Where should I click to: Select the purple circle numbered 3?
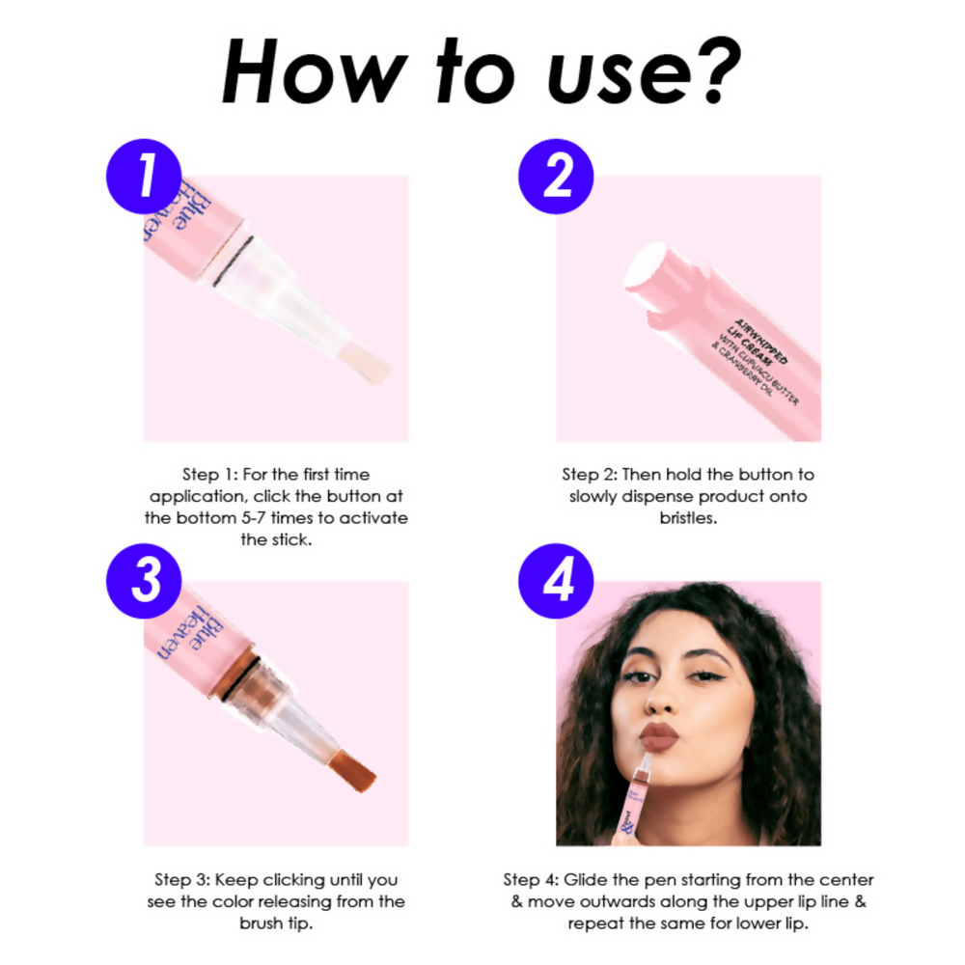coord(143,584)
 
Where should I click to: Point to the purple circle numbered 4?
coord(556,584)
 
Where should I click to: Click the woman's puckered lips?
coord(663,736)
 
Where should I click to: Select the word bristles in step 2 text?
coord(687,518)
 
